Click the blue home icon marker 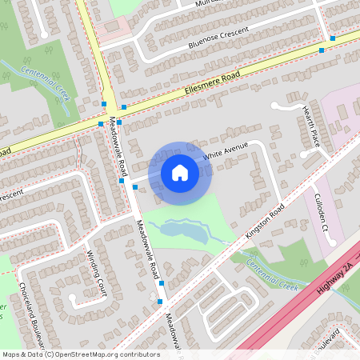[180, 173]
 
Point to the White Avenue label [225, 152]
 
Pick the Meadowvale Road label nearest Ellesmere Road [118, 146]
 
